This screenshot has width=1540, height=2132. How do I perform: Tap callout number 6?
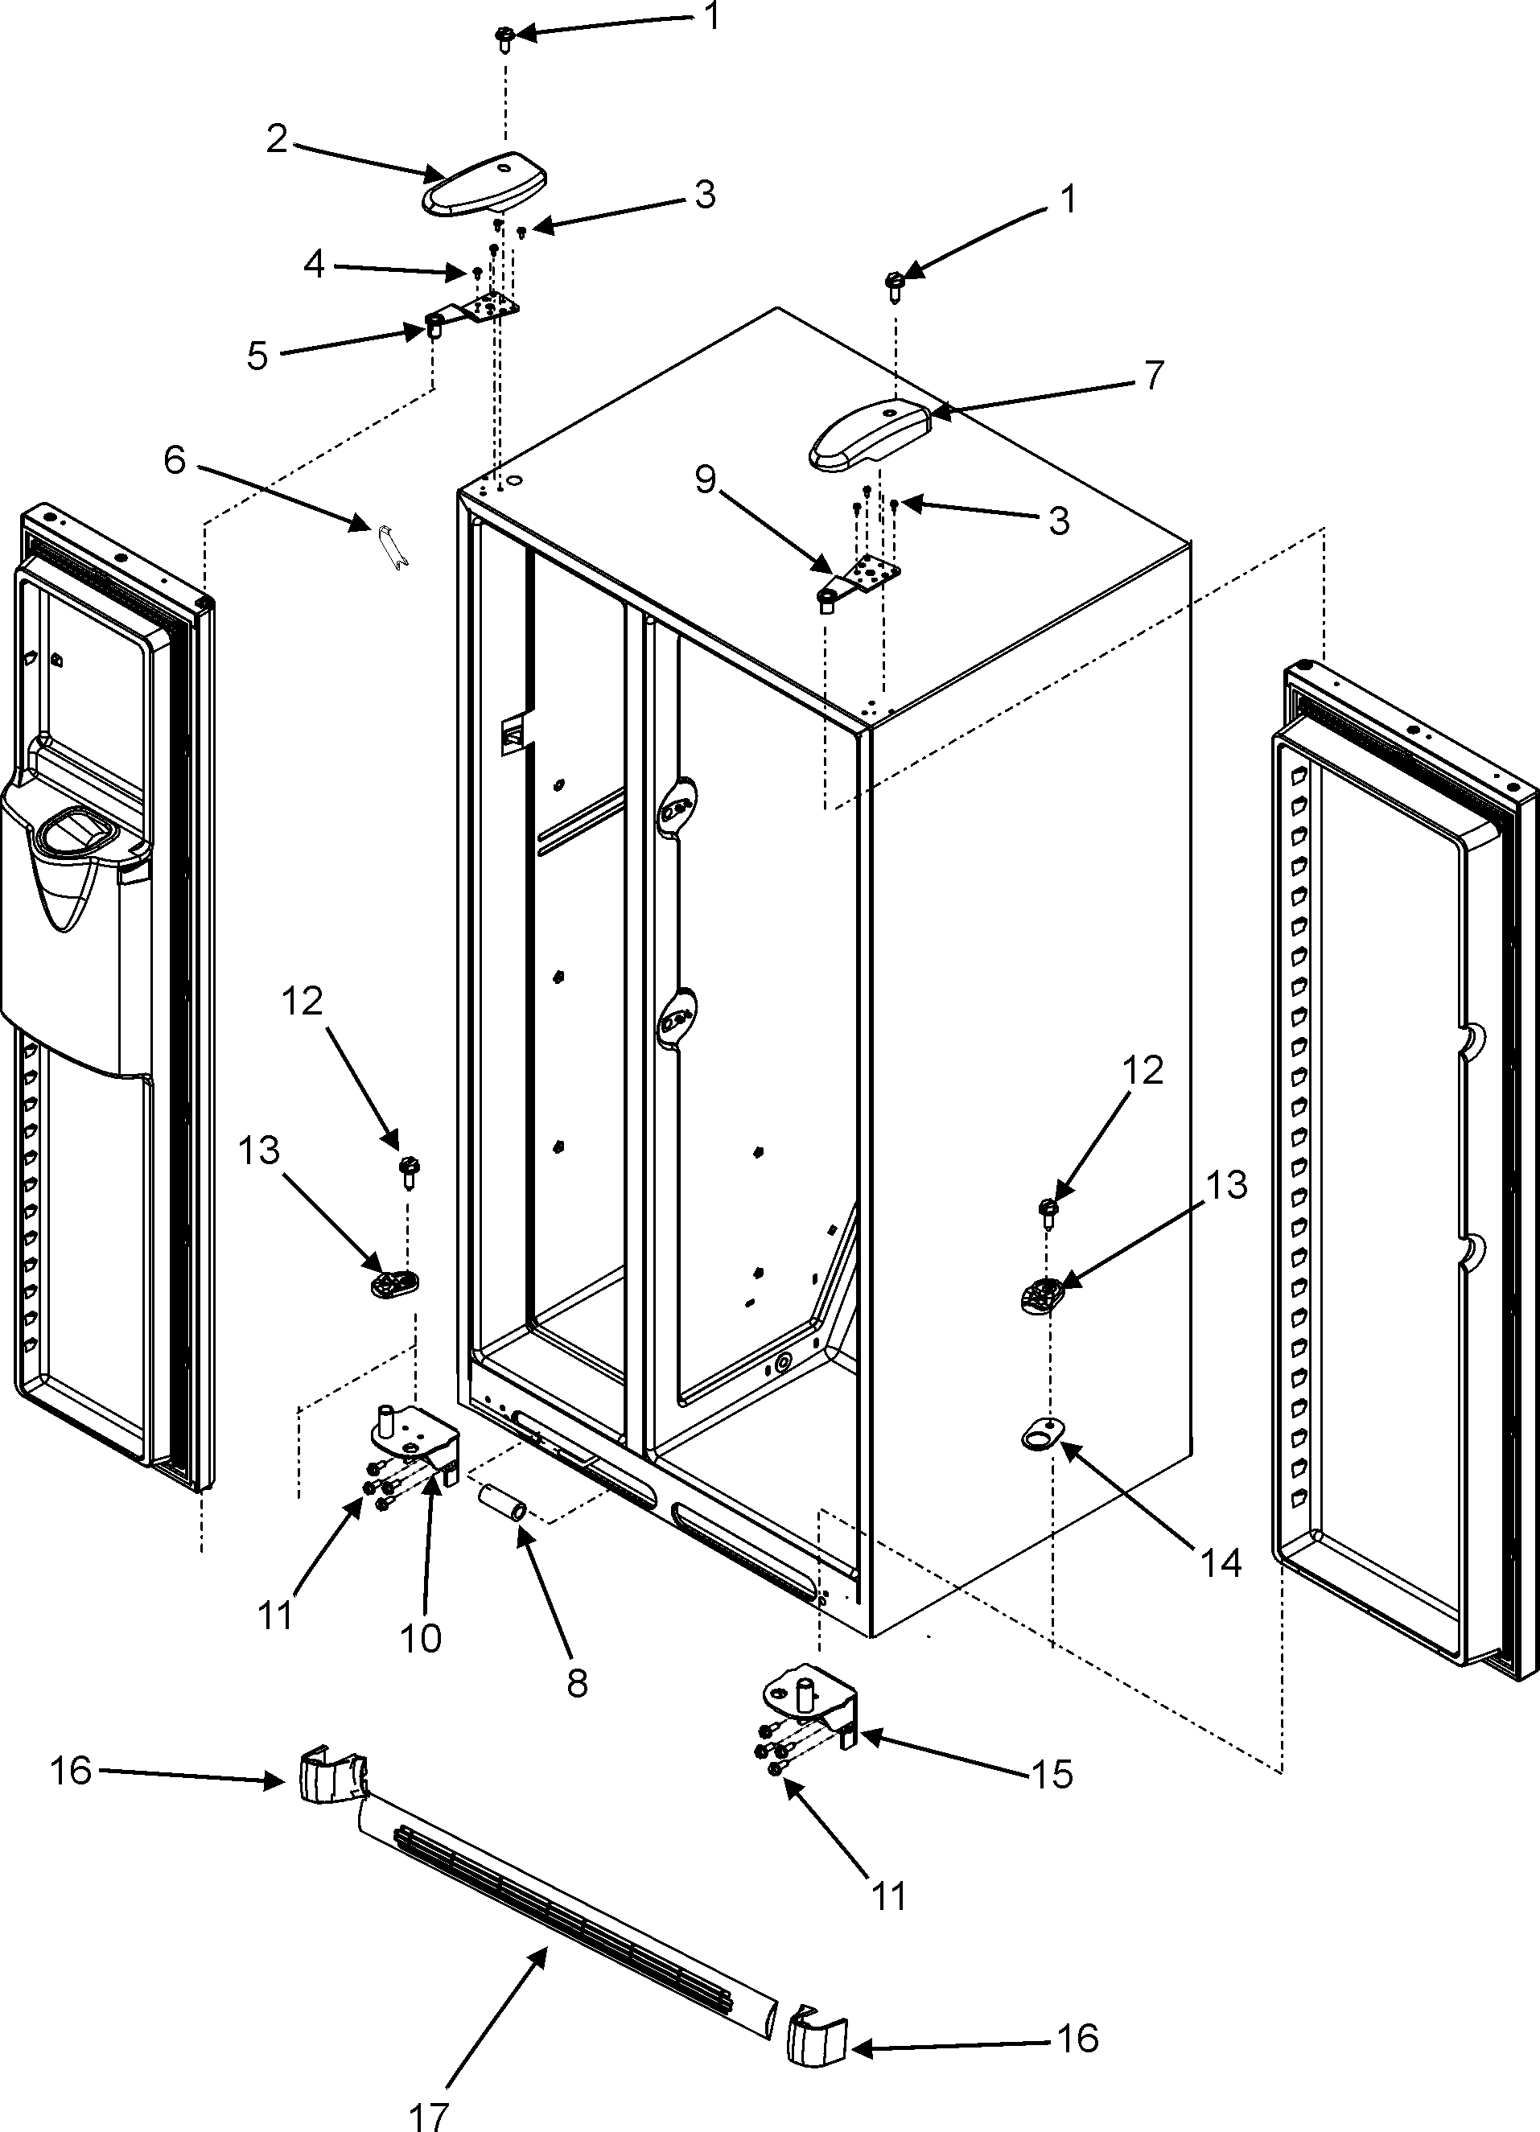point(175,461)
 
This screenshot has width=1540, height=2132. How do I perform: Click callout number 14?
point(1221,1562)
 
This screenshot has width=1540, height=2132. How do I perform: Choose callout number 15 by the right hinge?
point(1051,1774)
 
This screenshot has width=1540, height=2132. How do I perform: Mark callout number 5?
point(257,356)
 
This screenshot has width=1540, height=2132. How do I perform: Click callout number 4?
point(314,265)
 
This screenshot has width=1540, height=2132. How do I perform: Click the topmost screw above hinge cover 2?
point(504,39)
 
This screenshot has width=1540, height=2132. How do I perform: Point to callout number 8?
point(576,1681)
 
